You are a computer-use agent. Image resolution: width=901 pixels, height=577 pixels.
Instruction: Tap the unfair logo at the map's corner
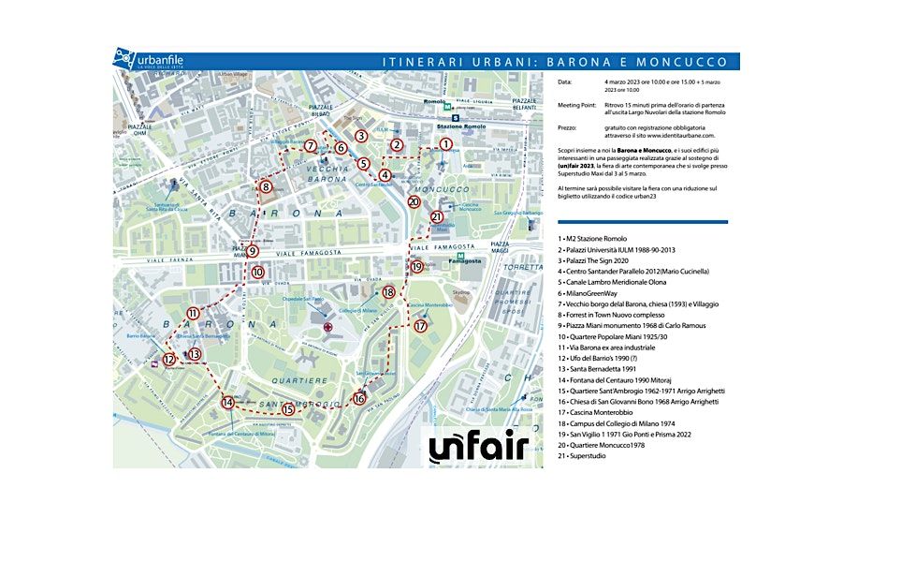click(479, 447)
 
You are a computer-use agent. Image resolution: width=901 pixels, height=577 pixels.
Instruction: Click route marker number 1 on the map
click(445, 144)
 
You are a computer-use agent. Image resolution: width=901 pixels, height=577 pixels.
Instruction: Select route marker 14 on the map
click(227, 403)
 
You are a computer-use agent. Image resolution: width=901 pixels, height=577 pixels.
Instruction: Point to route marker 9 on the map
click(253, 251)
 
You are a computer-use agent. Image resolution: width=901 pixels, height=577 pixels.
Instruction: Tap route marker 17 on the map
click(420, 326)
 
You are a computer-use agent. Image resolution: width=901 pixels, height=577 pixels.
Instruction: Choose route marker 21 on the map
click(437, 216)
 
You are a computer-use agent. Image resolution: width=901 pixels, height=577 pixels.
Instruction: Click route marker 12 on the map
click(169, 359)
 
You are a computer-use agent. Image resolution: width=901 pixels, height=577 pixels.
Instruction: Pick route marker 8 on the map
click(267, 187)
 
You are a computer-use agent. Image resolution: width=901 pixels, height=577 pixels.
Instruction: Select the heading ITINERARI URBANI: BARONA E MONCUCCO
click(555, 62)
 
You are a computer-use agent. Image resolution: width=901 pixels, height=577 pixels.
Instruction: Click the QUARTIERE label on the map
click(301, 381)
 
